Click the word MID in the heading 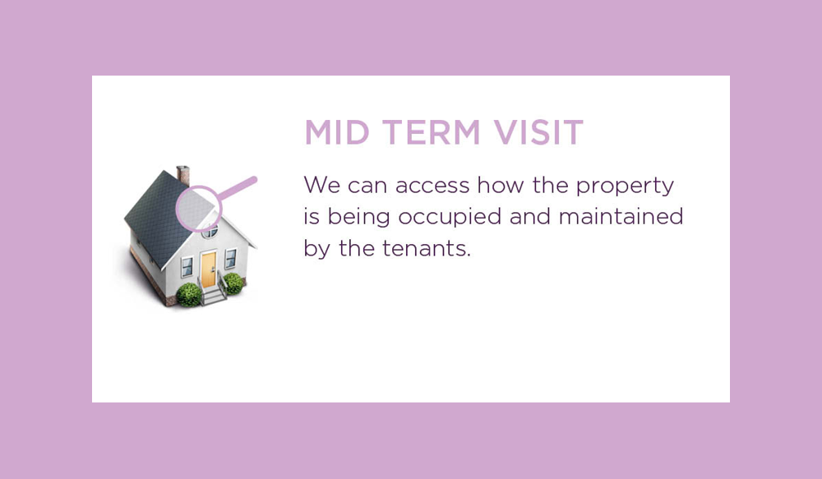pos(336,132)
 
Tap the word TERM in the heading pos(431,132)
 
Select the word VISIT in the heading pos(538,132)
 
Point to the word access pos(432,186)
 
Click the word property pos(625,187)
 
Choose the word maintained pos(621,216)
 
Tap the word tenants pos(426,248)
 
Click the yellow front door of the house pos(208,269)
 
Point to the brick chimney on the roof pos(183,174)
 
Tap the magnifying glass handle pos(237,188)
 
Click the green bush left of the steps pos(189,294)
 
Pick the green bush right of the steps pos(233,283)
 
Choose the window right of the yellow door pos(231,259)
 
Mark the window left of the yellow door pos(187,267)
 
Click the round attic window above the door pos(210,231)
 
